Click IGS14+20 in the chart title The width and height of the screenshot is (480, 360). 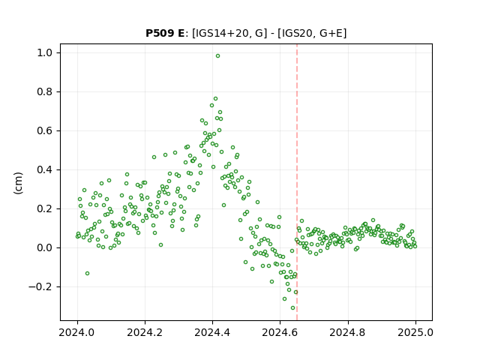click(x=220, y=33)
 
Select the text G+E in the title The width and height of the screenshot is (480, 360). click(x=331, y=33)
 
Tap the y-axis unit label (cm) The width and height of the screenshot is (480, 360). click(x=18, y=183)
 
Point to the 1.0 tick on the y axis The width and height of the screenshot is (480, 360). click(x=45, y=53)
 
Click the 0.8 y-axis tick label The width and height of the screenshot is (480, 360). click(x=45, y=91)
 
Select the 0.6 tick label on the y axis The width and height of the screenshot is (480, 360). click(x=45, y=130)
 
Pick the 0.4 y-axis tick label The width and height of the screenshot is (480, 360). click(x=45, y=170)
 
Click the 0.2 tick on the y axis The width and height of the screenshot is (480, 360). click(x=45, y=208)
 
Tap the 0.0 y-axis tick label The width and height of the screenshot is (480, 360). click(x=45, y=247)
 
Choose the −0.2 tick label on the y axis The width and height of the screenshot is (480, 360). click(x=40, y=286)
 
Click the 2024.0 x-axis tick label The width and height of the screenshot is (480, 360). click(x=77, y=332)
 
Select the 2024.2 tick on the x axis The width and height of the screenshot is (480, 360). click(x=145, y=332)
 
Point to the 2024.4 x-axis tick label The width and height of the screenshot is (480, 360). click(x=212, y=332)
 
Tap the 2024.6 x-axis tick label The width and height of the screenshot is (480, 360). click(x=280, y=332)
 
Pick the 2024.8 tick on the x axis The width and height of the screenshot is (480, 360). click(x=348, y=332)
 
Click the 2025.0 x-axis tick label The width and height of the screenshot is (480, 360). click(x=415, y=332)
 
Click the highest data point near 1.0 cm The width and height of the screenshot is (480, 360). click(x=217, y=56)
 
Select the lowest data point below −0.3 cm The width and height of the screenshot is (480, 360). click(x=293, y=308)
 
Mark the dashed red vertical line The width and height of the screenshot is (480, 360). click(x=297, y=182)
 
